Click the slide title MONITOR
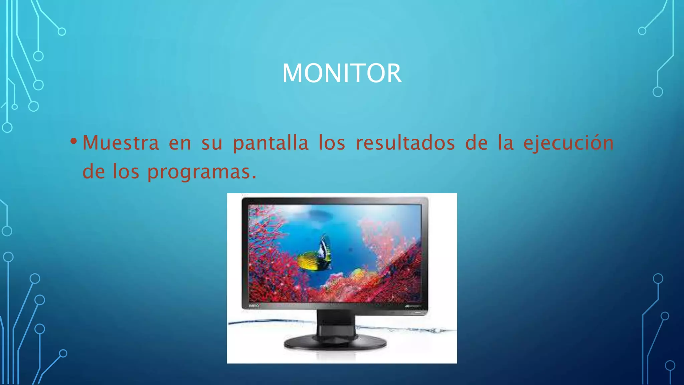[x=342, y=73]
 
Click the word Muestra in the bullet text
[x=121, y=143]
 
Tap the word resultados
[x=405, y=143]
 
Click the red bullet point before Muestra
[x=74, y=141]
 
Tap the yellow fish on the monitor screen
[x=312, y=262]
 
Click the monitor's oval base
[x=335, y=343]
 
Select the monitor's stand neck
[x=336, y=323]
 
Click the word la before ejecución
[x=506, y=143]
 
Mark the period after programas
[x=254, y=177]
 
